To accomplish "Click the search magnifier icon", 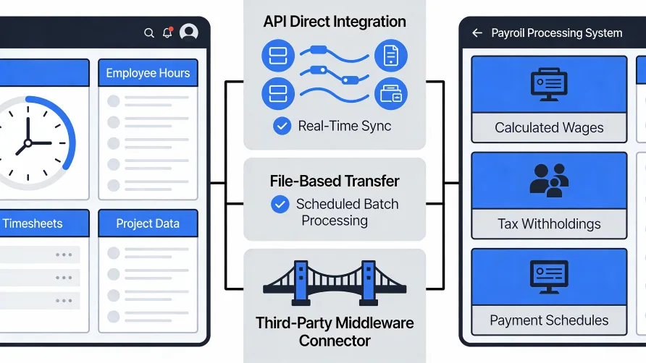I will [149, 33].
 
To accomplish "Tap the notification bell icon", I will [168, 33].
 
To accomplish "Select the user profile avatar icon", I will [189, 33].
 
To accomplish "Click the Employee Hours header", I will [148, 73].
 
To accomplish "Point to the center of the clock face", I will [28, 142].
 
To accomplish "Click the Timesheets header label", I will [33, 223].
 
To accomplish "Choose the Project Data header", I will [148, 223].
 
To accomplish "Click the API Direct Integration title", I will [335, 22].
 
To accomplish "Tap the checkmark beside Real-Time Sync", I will [282, 127].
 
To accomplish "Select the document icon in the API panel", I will [391, 56].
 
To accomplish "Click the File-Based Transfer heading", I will [335, 181].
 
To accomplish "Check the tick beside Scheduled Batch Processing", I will [280, 205].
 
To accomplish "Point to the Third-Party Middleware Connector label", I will [335, 330].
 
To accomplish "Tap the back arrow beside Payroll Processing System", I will [477, 33].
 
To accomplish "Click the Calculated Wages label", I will [549, 127].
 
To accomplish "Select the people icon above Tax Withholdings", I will [548, 180].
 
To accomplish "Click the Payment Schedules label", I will [549, 320].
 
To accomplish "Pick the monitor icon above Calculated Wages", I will [549, 84].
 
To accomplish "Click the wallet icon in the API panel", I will [391, 94].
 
